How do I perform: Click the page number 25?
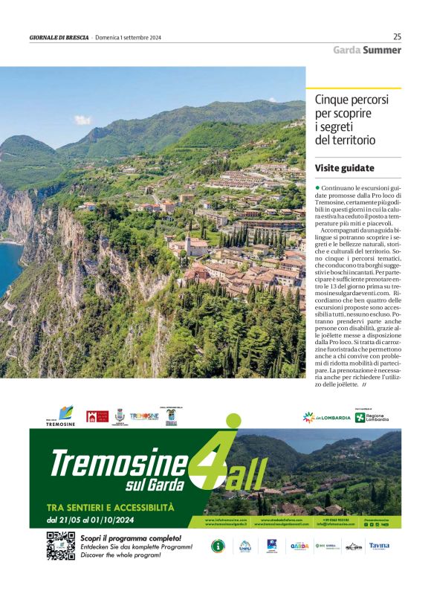tap(397, 36)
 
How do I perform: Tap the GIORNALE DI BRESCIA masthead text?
tap(59, 37)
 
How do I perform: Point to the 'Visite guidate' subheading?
tap(344, 168)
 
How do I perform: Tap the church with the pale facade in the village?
tap(197, 247)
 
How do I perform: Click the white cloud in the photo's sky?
tap(82, 119)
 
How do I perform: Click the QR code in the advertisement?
tap(60, 546)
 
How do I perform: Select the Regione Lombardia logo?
tap(372, 417)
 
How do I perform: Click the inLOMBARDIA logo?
tap(326, 418)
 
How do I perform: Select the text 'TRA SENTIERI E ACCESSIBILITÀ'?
tap(109, 507)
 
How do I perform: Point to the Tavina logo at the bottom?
tap(378, 546)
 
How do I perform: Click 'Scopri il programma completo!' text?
tap(130, 537)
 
